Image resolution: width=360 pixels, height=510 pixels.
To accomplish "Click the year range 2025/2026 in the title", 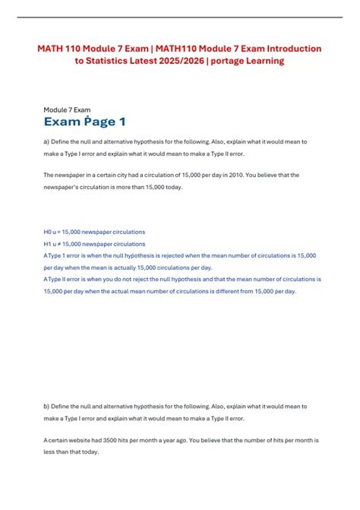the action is [191, 61].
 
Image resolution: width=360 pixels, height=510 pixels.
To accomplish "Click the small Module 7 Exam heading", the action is [68, 109].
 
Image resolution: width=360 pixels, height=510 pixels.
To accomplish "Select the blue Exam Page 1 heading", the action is [85, 122].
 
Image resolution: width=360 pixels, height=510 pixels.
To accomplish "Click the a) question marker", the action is [47, 142].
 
